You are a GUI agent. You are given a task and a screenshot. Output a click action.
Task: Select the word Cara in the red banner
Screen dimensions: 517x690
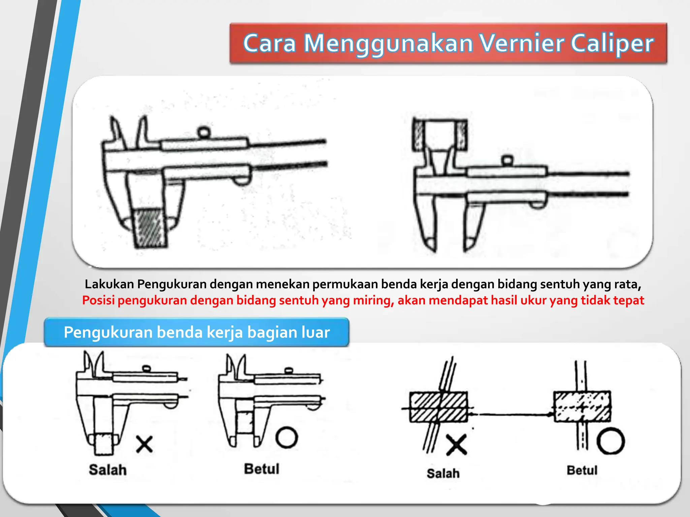point(269,43)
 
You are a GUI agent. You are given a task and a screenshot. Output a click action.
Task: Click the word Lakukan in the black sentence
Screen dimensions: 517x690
point(109,284)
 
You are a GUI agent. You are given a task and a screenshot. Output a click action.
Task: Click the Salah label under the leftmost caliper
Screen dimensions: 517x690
point(108,470)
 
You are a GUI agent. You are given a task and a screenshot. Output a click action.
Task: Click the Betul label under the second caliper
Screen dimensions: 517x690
point(262,469)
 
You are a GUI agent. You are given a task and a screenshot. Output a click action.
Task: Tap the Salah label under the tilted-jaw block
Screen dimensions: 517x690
point(443,473)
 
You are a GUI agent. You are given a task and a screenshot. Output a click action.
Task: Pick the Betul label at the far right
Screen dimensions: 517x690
point(582,470)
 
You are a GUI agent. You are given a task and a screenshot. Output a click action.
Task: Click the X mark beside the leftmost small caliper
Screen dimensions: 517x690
point(145,444)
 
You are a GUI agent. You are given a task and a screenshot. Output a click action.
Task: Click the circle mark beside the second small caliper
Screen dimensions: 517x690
point(287,438)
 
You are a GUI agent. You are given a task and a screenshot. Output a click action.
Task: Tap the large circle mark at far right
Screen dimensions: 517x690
point(610,441)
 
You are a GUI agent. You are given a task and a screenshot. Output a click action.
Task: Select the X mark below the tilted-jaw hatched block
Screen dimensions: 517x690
point(457,445)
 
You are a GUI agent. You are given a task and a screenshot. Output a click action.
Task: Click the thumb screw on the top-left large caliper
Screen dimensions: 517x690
point(204,132)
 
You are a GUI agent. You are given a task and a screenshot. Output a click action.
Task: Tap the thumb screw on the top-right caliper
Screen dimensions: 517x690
point(508,160)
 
